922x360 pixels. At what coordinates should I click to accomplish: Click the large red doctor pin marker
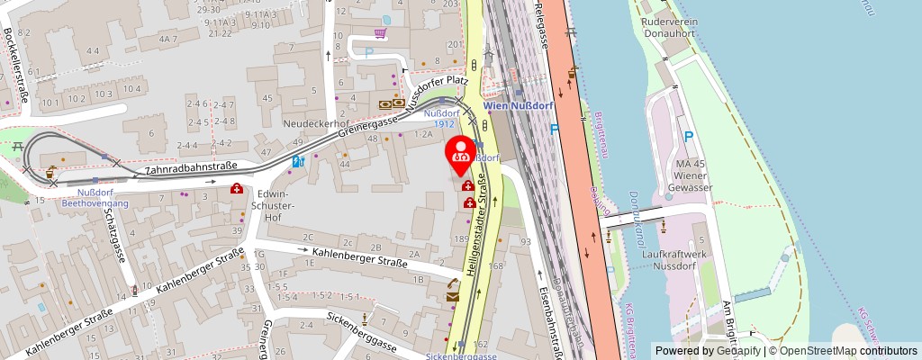pos(462,155)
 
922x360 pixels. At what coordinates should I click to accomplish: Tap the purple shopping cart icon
pos(381,34)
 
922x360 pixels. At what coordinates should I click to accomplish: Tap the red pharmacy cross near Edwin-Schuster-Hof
pos(237,189)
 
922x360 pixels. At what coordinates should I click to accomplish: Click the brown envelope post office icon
pos(452,293)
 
